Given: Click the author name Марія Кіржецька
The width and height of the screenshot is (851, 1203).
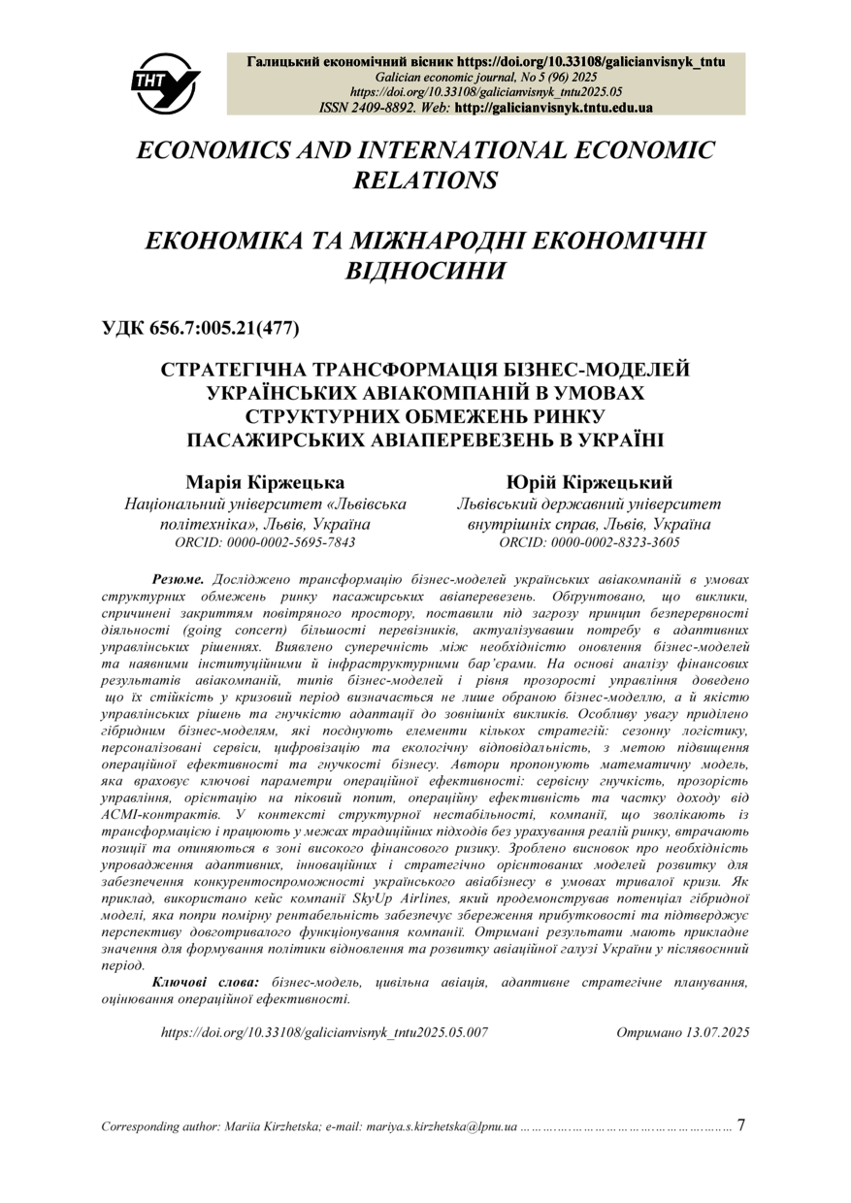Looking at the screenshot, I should click(x=265, y=483).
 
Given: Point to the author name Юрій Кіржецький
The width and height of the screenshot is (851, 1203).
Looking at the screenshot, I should click(x=589, y=483).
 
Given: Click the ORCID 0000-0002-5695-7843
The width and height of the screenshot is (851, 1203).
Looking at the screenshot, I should click(x=265, y=542).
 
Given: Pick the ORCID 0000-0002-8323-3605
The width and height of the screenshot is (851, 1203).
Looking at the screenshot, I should click(x=589, y=542).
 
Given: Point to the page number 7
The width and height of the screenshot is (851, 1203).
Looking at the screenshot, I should click(x=742, y=1125).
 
